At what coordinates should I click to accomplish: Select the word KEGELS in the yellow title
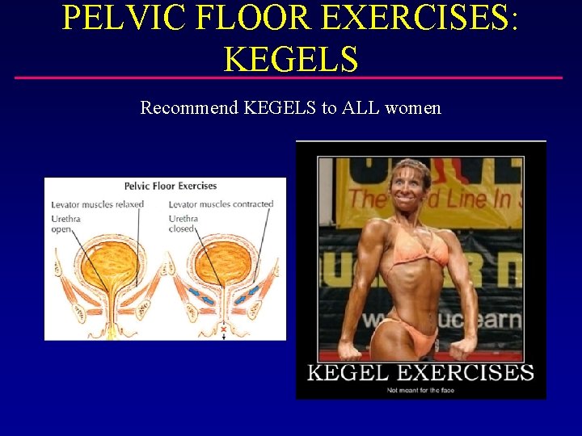[290, 58]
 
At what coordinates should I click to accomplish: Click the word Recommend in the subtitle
[188, 107]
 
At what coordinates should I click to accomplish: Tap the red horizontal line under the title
[290, 78]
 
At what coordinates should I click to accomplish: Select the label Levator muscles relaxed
[97, 204]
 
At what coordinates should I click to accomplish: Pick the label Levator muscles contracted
[221, 204]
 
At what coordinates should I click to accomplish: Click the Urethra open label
[65, 224]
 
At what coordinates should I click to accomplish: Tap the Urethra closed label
[183, 224]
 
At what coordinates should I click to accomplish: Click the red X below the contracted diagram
[224, 330]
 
